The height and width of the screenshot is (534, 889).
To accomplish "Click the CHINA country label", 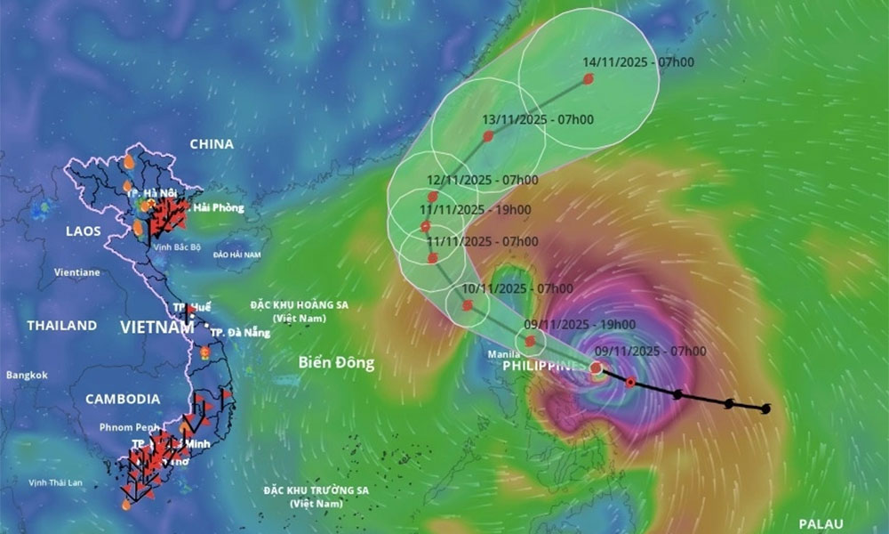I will (x=212, y=144).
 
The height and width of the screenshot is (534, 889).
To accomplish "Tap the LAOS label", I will (x=84, y=231).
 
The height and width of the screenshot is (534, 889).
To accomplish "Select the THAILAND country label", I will (x=61, y=326).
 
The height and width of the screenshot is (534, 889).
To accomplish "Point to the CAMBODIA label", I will (x=123, y=400).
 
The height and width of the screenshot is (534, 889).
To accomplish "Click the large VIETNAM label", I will (x=156, y=328).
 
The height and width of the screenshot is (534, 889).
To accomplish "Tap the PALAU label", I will (x=820, y=524).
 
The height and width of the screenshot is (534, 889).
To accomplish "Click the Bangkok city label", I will (x=27, y=376).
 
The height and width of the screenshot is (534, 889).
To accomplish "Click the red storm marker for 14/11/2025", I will (x=588, y=79).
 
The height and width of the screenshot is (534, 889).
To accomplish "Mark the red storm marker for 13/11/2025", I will (x=488, y=136).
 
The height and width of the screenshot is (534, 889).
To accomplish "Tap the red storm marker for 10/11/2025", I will (x=468, y=305).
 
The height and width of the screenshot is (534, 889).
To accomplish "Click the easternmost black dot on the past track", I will (x=766, y=409).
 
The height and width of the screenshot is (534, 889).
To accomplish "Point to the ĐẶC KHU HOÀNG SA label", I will (x=299, y=305).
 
